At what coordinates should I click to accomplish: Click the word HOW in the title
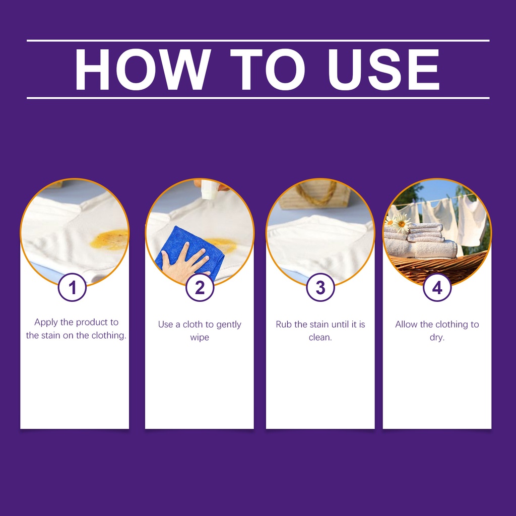[x=143, y=70]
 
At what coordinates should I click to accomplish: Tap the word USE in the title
[x=383, y=70]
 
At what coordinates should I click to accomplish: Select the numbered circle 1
[x=73, y=287]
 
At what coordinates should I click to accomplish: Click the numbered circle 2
[x=200, y=287]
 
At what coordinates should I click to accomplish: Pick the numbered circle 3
[x=320, y=287]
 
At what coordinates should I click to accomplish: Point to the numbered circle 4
[x=437, y=287]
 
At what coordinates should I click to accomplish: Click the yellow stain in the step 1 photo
[x=109, y=240]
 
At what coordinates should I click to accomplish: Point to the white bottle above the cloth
[x=209, y=189]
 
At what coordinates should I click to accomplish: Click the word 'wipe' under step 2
[x=200, y=338]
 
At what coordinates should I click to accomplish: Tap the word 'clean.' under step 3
[x=320, y=337]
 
